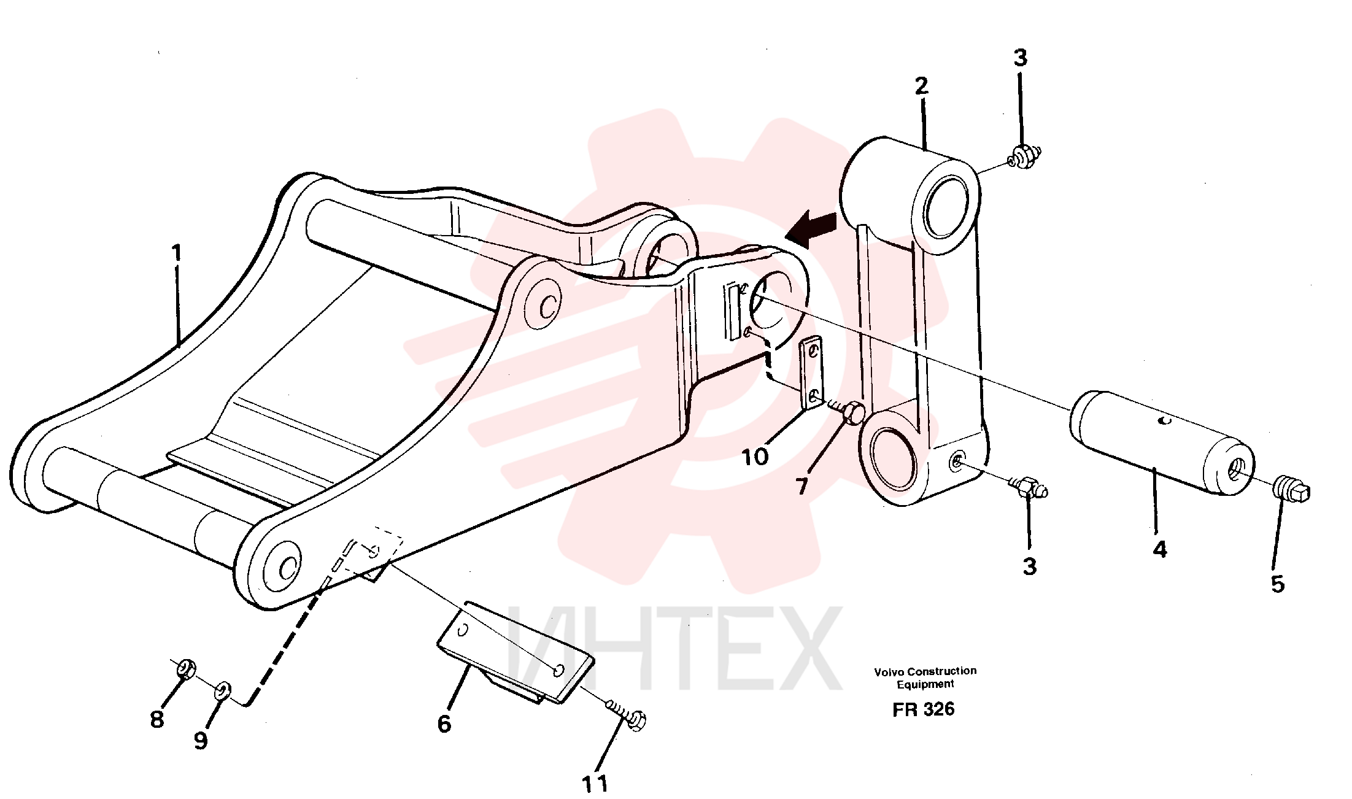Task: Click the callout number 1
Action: click(x=177, y=253)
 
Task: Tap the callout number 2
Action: click(x=921, y=87)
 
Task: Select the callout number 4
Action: click(x=1159, y=549)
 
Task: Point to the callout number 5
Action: click(x=1277, y=584)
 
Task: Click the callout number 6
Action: click(x=444, y=724)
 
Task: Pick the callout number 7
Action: click(x=802, y=487)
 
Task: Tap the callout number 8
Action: click(x=157, y=719)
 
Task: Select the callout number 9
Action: click(x=201, y=741)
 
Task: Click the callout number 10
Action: click(x=755, y=457)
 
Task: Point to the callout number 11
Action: click(x=595, y=784)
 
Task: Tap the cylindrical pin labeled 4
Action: click(x=1162, y=442)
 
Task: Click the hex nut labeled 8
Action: click(x=186, y=668)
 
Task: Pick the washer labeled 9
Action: click(x=222, y=690)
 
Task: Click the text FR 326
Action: click(x=923, y=709)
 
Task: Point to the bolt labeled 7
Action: click(x=849, y=411)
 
